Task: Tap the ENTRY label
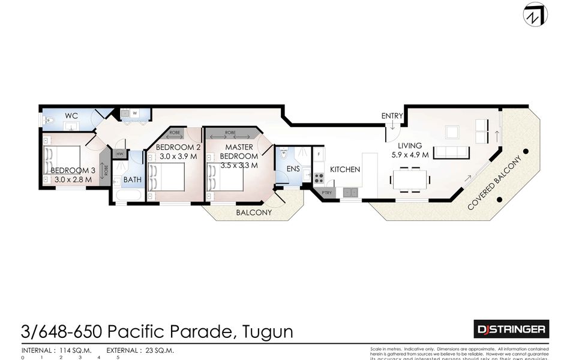[392, 115]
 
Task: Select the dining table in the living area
[410, 178]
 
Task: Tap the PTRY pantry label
[327, 193]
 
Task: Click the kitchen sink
[351, 193]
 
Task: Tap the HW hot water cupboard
[119, 154]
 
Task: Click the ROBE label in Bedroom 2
[175, 133]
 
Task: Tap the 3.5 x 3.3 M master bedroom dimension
[239, 165]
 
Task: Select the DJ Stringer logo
[511, 329]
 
